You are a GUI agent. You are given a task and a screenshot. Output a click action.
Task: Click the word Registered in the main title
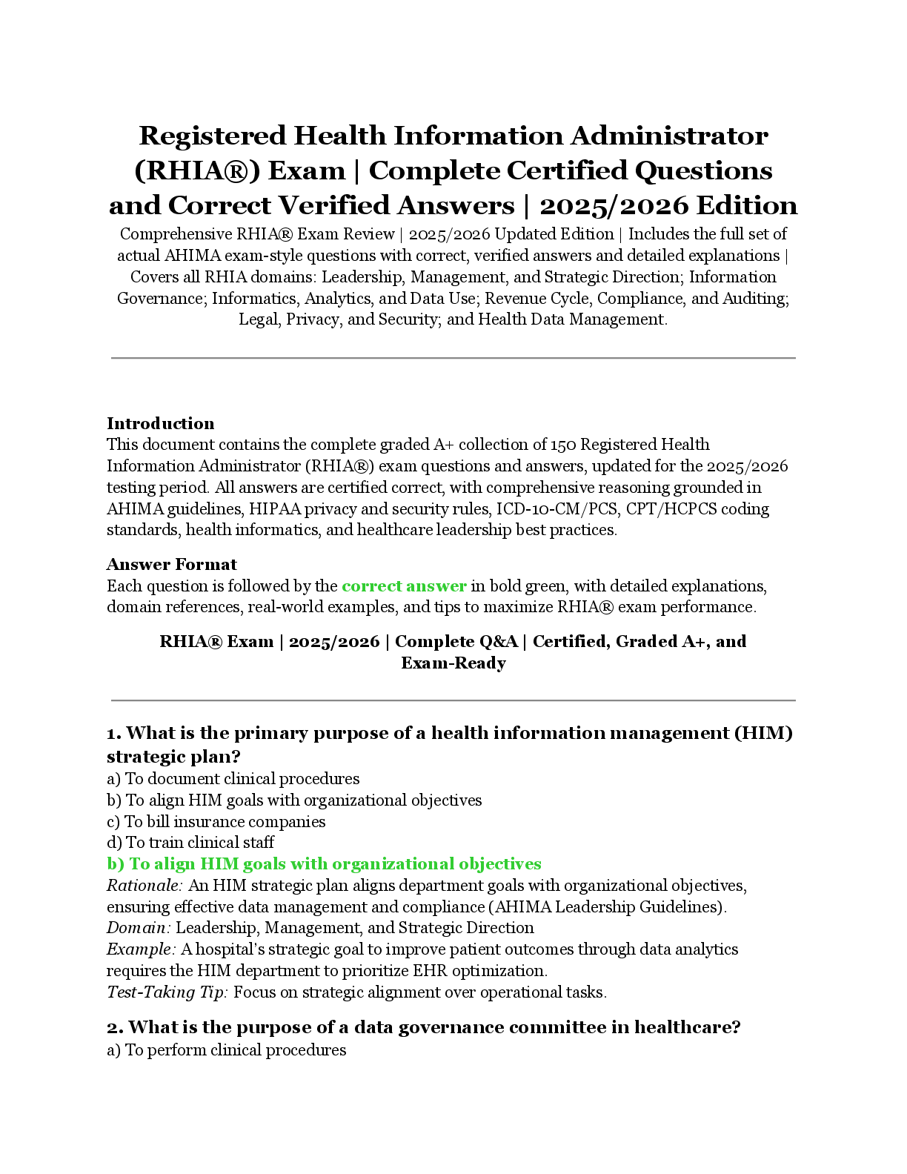click(212, 136)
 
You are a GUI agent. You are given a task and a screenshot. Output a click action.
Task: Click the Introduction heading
click(160, 424)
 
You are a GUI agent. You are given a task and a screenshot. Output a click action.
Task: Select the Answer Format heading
click(171, 565)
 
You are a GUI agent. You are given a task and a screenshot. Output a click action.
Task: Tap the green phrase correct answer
click(404, 586)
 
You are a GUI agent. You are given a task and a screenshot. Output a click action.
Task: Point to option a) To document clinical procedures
click(233, 779)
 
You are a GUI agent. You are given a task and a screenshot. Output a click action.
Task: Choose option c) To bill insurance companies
click(216, 822)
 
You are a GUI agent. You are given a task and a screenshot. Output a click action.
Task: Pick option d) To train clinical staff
click(190, 843)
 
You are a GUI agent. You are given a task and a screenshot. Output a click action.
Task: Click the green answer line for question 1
click(324, 864)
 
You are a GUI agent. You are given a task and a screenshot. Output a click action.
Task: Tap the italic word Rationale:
click(144, 886)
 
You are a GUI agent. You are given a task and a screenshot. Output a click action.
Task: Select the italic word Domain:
click(139, 928)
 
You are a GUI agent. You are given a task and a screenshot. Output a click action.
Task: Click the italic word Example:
click(141, 949)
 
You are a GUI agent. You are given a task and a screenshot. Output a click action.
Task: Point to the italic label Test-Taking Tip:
click(167, 992)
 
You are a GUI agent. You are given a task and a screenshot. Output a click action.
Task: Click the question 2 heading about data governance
click(423, 1027)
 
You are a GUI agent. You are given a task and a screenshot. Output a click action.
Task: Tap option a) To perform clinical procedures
click(226, 1050)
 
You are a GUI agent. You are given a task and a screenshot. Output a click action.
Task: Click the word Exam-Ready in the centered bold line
click(453, 663)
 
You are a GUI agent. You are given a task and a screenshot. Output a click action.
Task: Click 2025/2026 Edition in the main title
click(668, 206)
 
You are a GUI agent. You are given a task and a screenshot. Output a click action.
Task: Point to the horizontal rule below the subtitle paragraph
click(453, 358)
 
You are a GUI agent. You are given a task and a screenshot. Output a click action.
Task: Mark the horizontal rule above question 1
click(453, 700)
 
